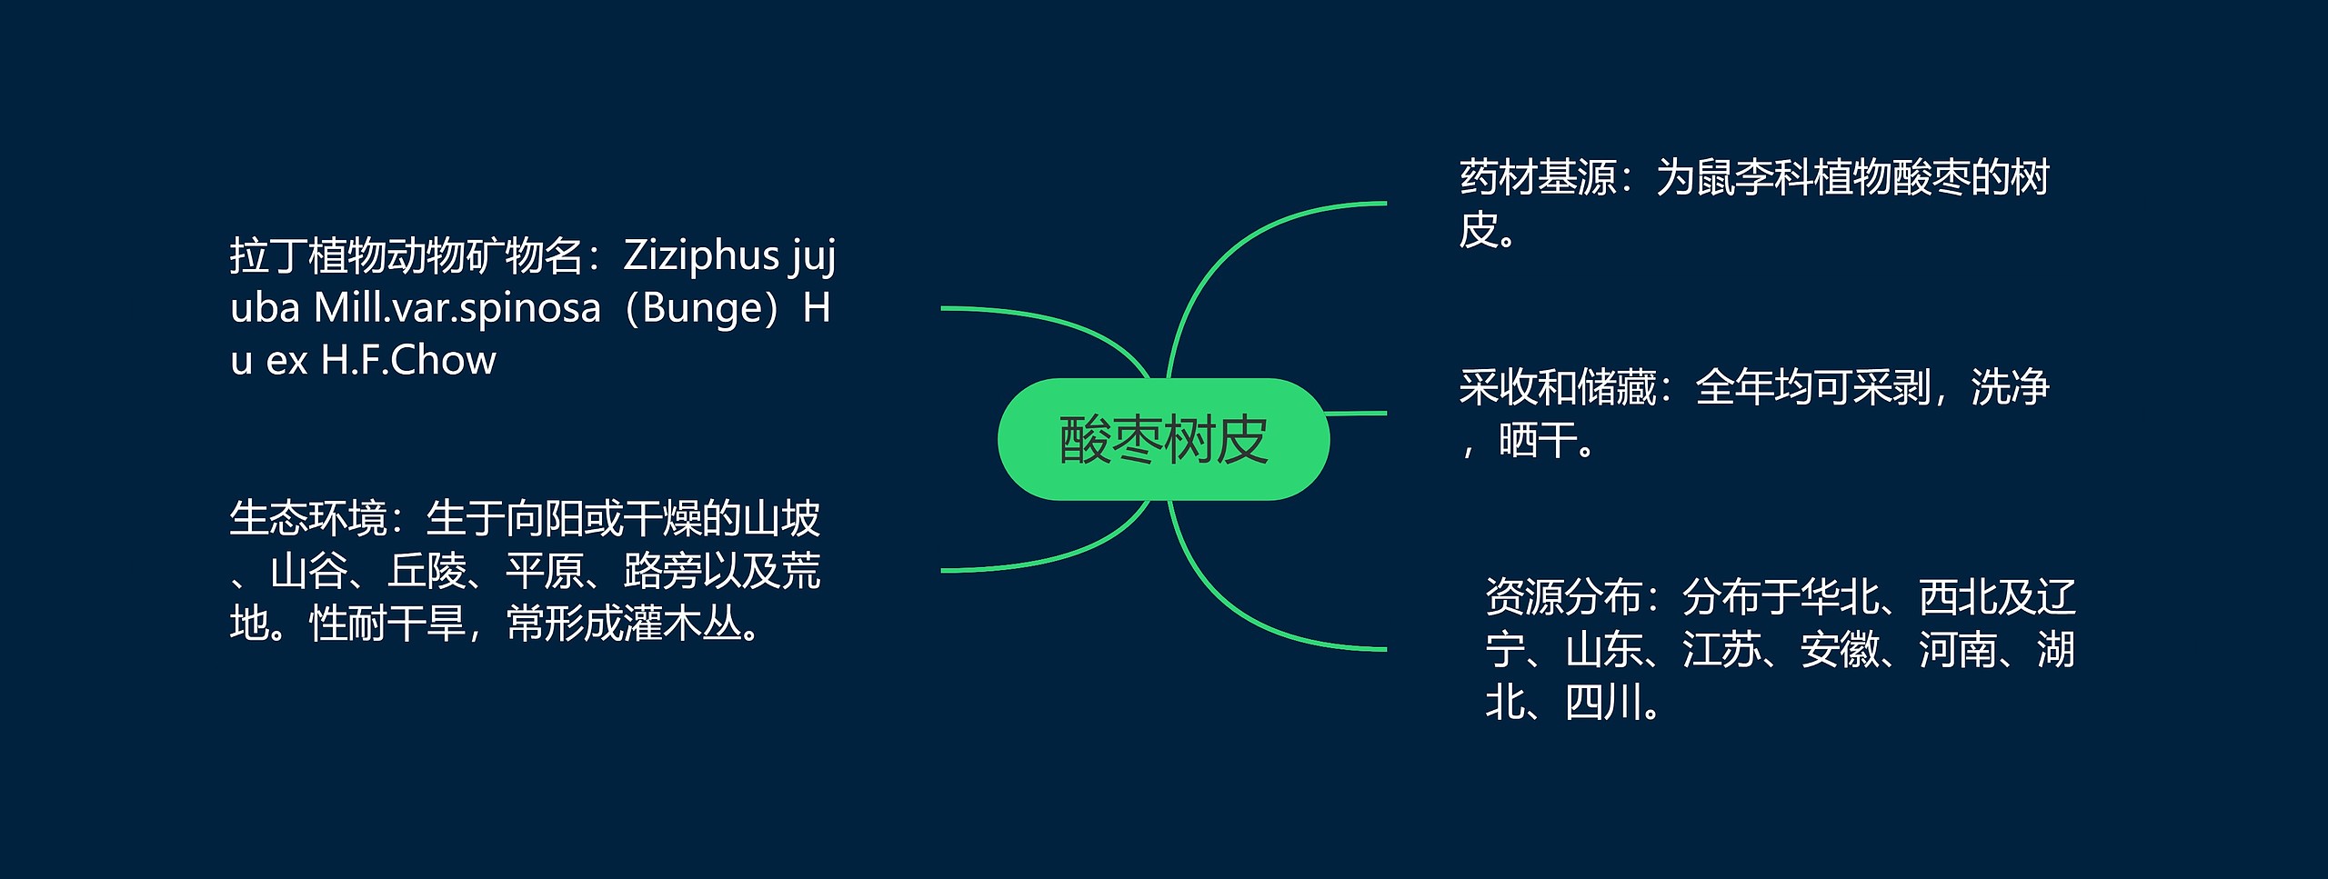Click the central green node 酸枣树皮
tap(1163, 440)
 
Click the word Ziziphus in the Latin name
tap(701, 256)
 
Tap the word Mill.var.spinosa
tap(457, 309)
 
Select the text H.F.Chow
tap(408, 361)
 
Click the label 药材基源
tap(1538, 178)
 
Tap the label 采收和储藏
tap(1557, 388)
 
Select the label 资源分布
tap(1563, 598)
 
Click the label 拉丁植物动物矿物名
tap(405, 256)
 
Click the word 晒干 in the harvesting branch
tap(1538, 441)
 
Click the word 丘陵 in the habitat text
tap(426, 572)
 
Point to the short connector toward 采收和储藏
tap(1356, 413)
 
